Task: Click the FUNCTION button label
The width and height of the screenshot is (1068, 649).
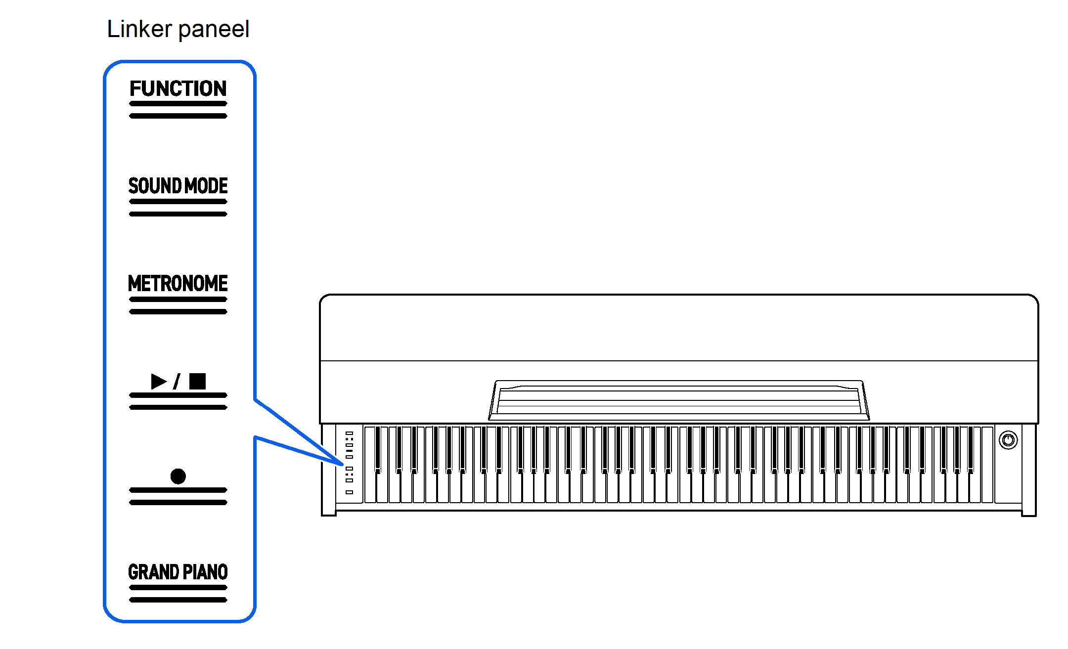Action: tap(178, 89)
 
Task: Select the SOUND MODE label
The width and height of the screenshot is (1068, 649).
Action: tap(178, 186)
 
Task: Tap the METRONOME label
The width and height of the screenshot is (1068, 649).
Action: tap(178, 284)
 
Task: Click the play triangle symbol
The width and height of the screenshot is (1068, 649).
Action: tap(158, 381)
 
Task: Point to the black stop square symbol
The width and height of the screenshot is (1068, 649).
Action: tap(197, 381)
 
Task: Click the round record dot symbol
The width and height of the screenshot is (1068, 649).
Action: tap(178, 476)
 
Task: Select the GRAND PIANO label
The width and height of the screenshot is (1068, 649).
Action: tap(178, 572)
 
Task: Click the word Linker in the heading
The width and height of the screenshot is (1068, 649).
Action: tap(139, 29)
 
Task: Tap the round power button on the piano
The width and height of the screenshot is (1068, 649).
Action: tap(1008, 439)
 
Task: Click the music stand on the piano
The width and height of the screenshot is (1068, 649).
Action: tap(679, 399)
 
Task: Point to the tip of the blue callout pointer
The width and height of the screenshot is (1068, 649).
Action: tap(342, 464)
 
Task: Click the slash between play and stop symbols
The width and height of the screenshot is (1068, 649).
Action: tap(177, 381)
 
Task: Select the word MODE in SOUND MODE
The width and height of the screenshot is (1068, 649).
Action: tap(206, 186)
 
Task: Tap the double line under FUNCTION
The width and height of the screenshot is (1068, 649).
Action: tap(178, 110)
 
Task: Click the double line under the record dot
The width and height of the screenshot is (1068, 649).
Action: tap(178, 496)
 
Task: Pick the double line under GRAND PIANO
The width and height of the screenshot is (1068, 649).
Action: tap(178, 594)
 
